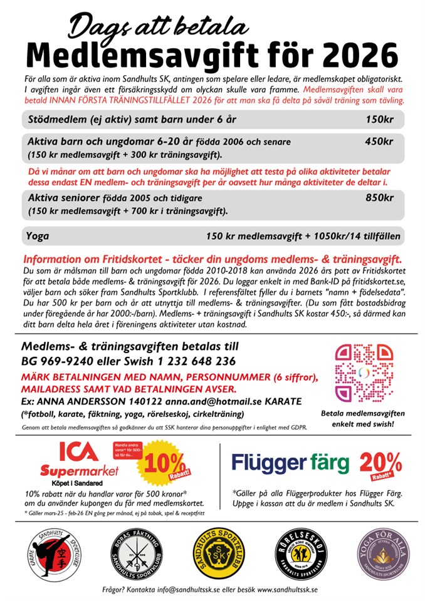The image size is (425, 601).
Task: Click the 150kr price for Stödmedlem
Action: pos(380,119)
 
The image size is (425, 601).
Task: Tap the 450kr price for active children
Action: pos(379,141)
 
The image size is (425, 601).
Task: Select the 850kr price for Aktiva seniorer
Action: pos(380,198)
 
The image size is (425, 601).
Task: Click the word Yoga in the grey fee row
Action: pos(38,236)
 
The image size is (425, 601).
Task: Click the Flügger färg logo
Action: pos(290,463)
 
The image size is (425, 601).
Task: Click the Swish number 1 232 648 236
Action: pos(194,361)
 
